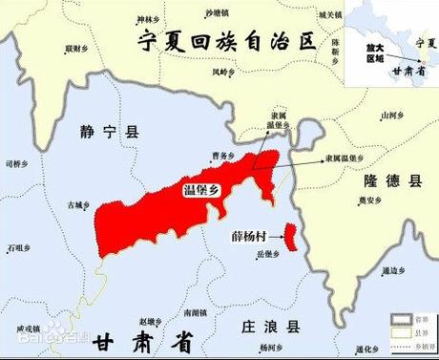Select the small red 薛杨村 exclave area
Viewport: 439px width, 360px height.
click(x=291, y=234)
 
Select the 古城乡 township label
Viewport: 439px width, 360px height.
click(x=78, y=203)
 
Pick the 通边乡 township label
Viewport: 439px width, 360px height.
click(x=393, y=270)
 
